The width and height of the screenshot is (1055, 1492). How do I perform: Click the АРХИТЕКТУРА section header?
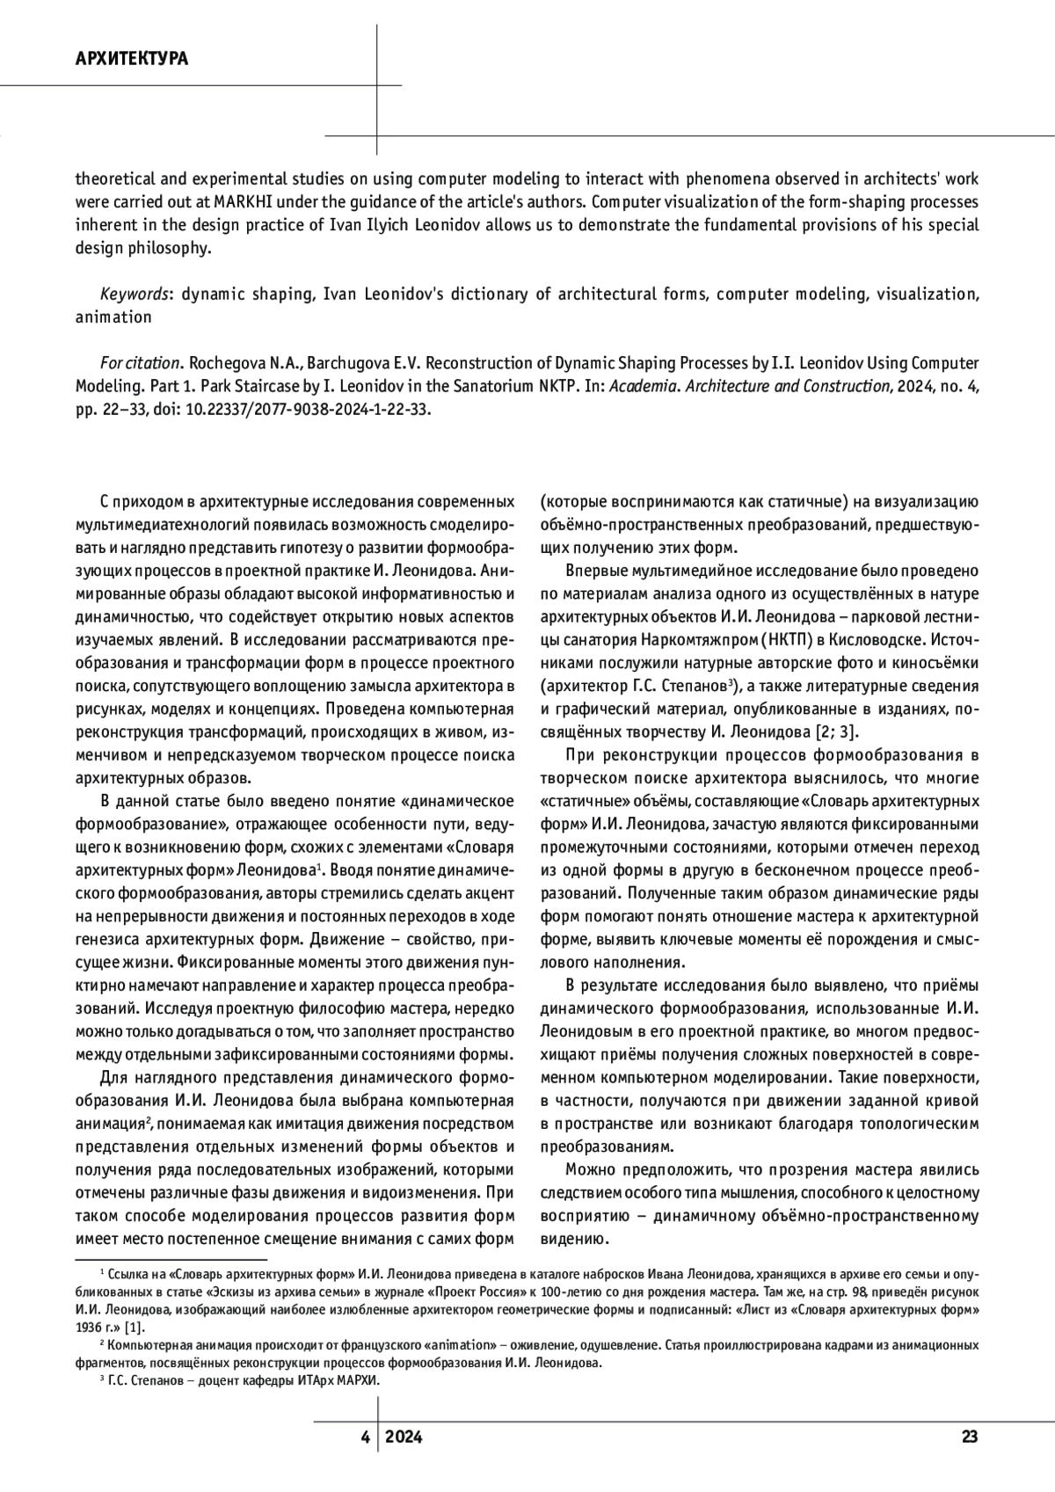click(132, 60)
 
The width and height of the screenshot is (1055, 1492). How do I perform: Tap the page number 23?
click(970, 1437)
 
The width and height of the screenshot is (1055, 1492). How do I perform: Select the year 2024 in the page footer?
click(404, 1437)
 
